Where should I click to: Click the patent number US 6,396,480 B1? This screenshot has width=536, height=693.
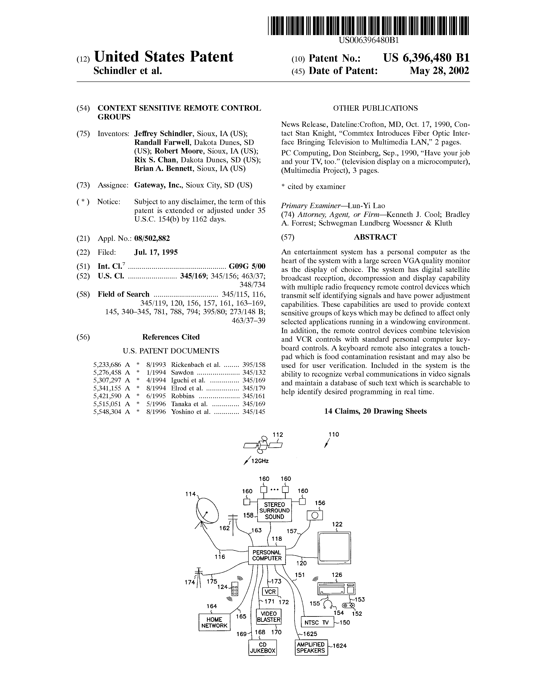click(x=426, y=58)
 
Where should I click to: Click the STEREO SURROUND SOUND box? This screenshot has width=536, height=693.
click(x=274, y=511)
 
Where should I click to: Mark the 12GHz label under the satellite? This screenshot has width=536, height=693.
click(x=260, y=461)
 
